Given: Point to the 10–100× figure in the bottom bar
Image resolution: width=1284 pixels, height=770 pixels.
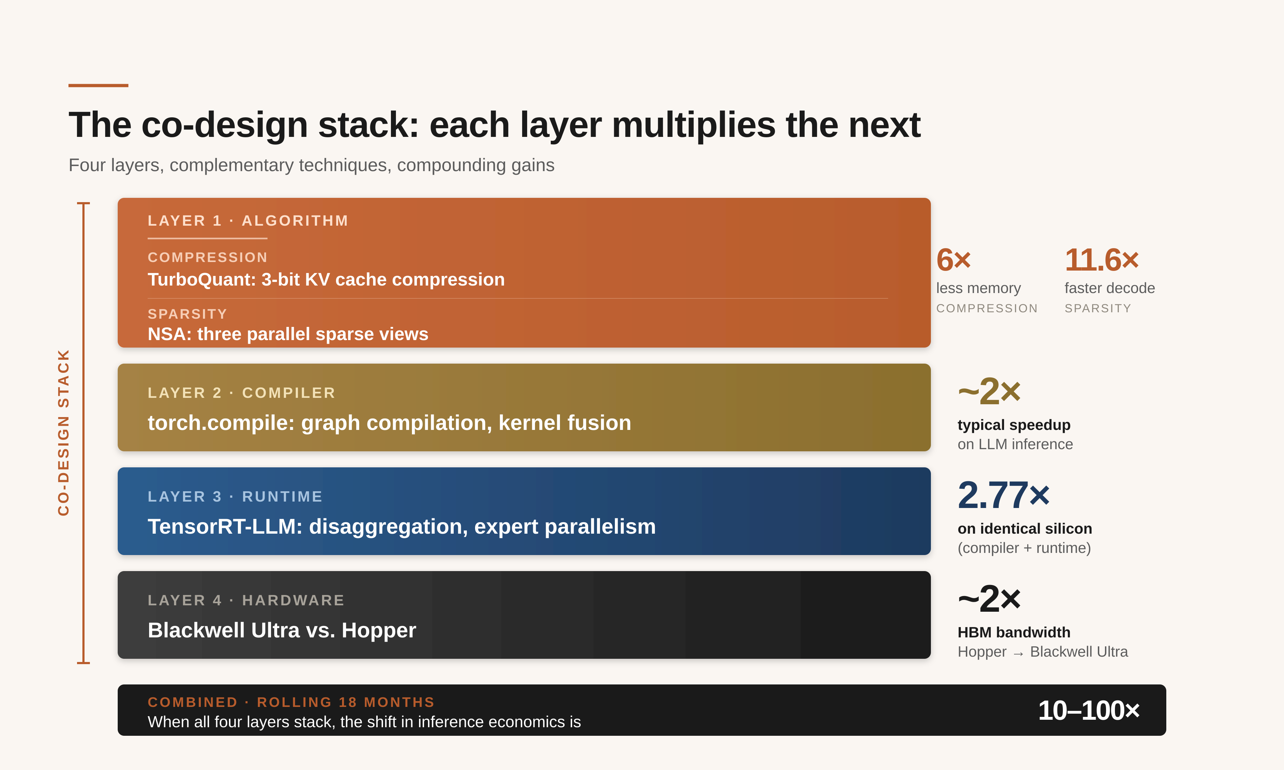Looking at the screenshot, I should (x=1088, y=710).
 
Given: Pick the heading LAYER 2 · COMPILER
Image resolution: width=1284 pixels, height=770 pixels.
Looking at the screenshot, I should (x=241, y=393).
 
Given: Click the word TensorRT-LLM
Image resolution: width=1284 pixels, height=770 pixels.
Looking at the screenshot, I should (x=225, y=527).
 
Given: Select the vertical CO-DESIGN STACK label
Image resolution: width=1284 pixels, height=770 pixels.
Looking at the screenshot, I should (x=63, y=432).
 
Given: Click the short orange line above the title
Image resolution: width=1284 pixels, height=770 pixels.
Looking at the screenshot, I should (x=98, y=85).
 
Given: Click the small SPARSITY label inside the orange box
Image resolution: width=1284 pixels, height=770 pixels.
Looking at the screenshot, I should (x=187, y=314).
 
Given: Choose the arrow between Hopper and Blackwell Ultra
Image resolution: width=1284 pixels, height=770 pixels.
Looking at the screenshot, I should (x=1018, y=653).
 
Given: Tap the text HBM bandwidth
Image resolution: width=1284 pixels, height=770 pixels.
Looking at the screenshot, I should (x=1014, y=632).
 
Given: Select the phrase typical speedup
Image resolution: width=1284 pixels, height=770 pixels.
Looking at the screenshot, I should (x=1014, y=425).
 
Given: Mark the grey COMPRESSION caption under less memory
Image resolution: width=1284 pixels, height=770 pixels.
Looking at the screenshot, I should (x=986, y=308).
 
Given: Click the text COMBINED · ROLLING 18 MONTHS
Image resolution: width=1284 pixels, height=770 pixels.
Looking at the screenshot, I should (x=291, y=702).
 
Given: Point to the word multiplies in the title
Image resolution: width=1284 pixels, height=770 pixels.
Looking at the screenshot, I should (x=693, y=125).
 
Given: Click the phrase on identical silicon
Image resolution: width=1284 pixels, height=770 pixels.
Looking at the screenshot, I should (x=1024, y=528).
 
